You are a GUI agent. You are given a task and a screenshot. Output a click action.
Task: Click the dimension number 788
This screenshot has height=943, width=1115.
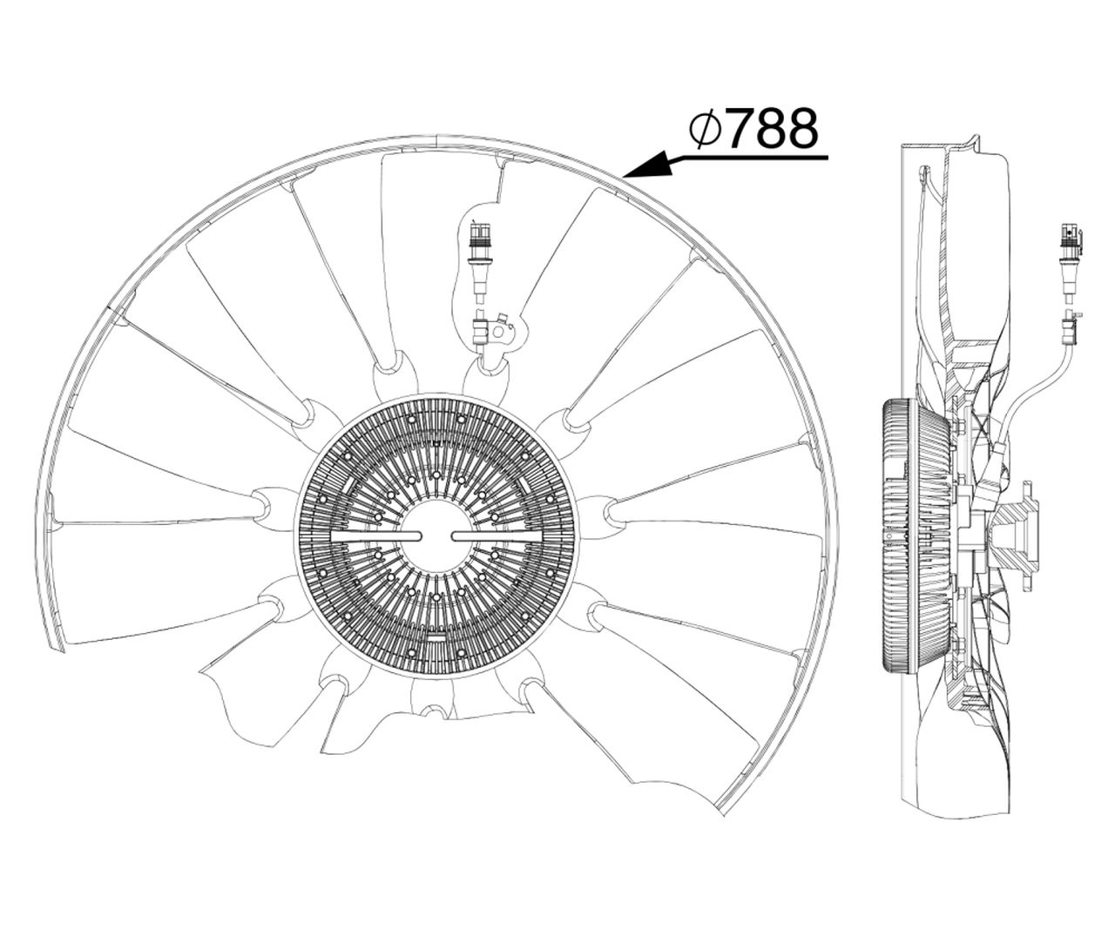tap(772, 128)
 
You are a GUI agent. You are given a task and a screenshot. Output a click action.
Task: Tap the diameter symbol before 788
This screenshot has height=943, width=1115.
tap(705, 129)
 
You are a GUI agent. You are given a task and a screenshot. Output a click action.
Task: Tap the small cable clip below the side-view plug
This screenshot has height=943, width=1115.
tap(1070, 328)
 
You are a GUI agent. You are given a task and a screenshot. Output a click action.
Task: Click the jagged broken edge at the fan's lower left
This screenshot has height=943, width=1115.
tap(218, 697)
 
